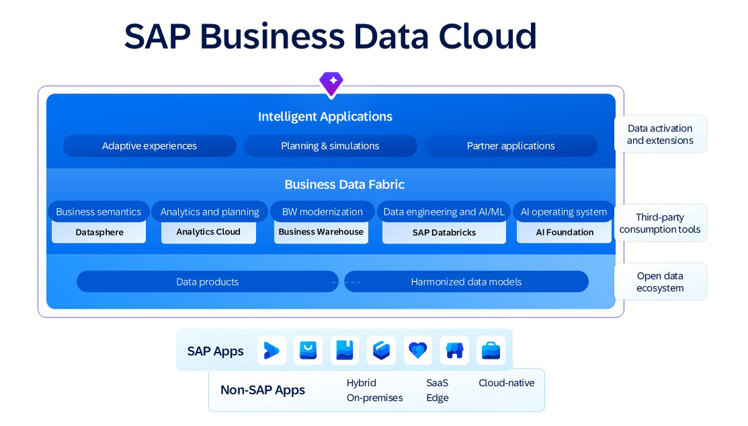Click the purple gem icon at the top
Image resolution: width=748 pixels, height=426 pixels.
331,84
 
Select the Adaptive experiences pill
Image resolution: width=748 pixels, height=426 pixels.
149,146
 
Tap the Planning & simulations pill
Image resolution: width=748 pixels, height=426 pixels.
330,146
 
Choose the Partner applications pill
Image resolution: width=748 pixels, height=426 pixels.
511,146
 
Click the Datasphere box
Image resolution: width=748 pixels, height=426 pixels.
99,232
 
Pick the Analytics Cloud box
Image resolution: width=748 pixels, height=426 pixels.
208,232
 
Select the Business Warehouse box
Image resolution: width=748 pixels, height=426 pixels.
321,232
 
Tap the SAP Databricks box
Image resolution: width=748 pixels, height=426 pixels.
444,232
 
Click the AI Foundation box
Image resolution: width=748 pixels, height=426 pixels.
565,232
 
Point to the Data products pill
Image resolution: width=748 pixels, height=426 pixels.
207,282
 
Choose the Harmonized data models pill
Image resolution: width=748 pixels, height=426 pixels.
466,282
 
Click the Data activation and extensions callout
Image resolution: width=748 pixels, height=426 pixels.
660,134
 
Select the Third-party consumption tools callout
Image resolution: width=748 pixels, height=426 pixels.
660,223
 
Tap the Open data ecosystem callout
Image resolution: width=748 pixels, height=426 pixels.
660,282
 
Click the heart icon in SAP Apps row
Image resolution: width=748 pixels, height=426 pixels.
417,351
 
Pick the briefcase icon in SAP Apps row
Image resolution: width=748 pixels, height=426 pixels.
491,351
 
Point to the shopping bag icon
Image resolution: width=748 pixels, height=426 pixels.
308,351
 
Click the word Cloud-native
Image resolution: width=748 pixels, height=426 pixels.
507,383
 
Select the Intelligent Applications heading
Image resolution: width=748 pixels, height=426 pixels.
325,116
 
